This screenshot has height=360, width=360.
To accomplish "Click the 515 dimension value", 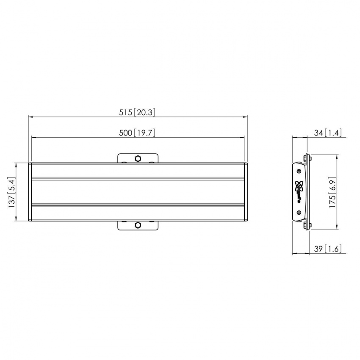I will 126,112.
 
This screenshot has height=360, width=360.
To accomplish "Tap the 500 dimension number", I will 126,133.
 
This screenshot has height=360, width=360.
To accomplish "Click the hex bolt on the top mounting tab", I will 138,158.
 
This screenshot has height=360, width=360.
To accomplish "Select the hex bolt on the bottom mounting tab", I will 138,224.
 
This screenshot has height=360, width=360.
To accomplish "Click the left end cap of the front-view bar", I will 30,191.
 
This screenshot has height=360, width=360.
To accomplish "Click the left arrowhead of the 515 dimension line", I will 30,116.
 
